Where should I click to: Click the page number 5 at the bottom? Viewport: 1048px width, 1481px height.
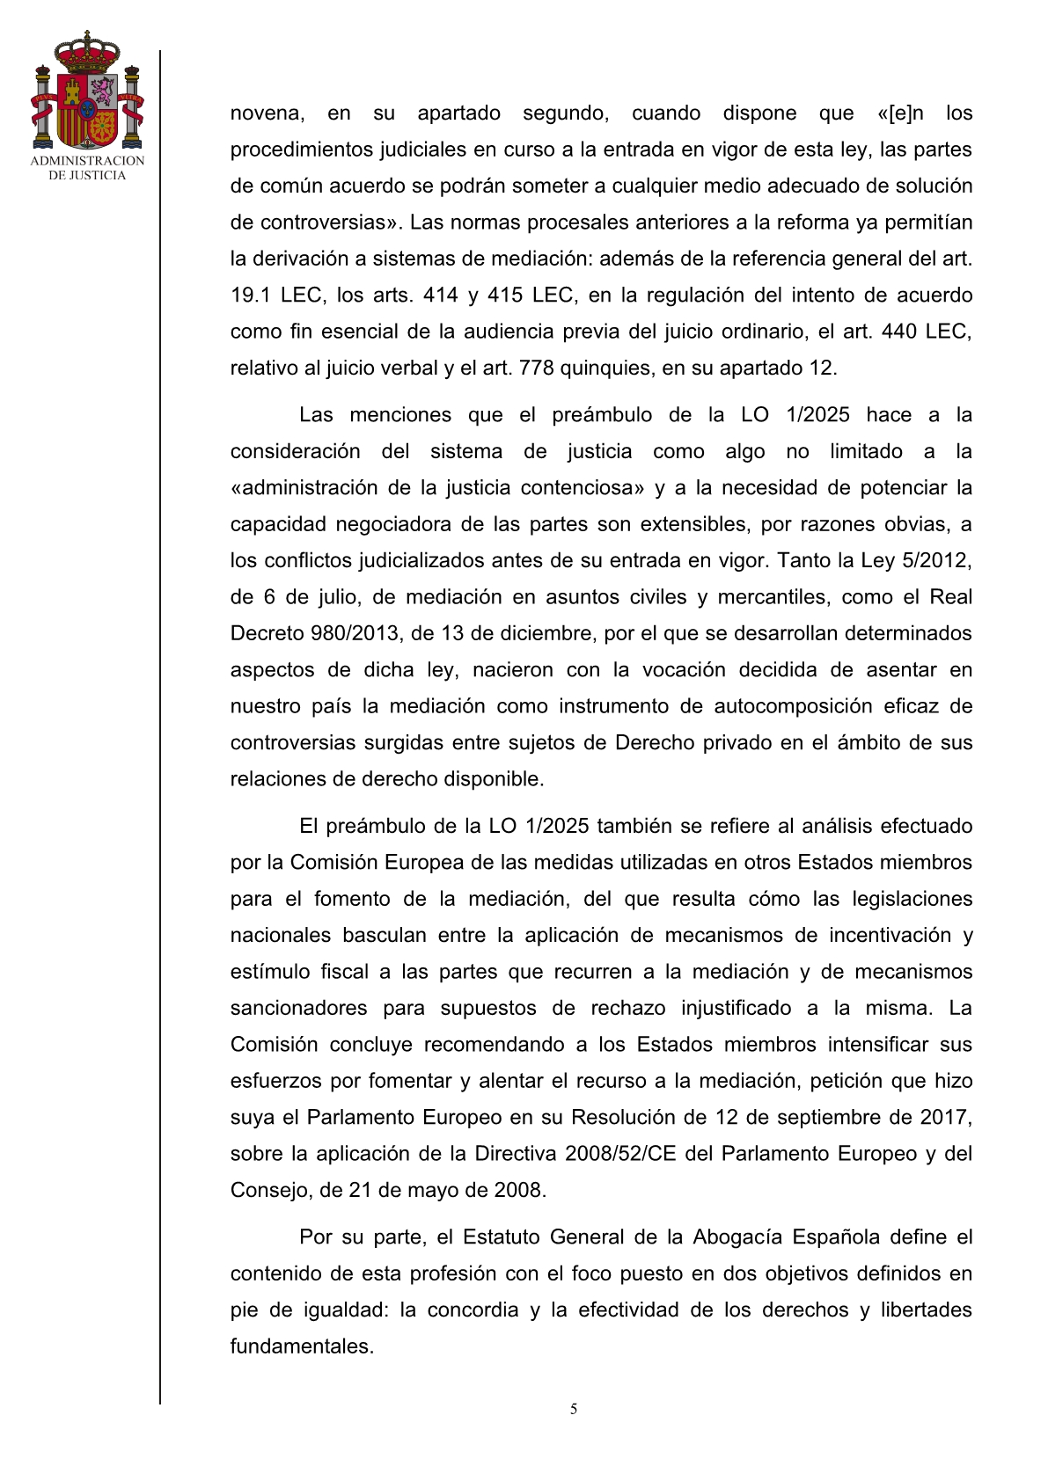[574, 1409]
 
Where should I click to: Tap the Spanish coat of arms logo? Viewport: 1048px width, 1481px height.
[87, 91]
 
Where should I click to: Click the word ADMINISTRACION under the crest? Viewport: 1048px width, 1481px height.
[87, 161]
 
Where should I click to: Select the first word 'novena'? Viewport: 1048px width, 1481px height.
[267, 113]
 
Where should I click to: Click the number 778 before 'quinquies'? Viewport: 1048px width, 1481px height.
[537, 368]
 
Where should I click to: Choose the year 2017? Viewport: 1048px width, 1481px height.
[946, 1117]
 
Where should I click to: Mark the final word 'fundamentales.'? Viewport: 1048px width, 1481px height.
[302, 1346]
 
